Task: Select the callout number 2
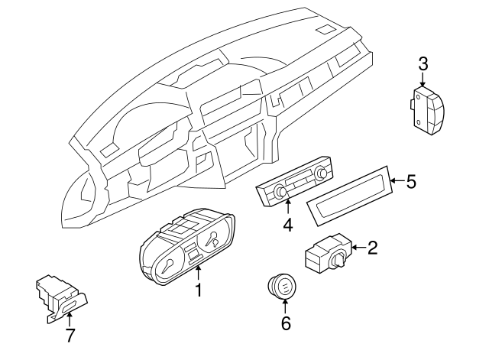tap(373, 247)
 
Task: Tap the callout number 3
tap(423, 63)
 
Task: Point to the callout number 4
tap(288, 225)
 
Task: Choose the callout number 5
tap(410, 182)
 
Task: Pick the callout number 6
tap(286, 323)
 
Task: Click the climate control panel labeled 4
tap(295, 186)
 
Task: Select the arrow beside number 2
tap(358, 247)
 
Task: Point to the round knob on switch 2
tap(336, 261)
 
